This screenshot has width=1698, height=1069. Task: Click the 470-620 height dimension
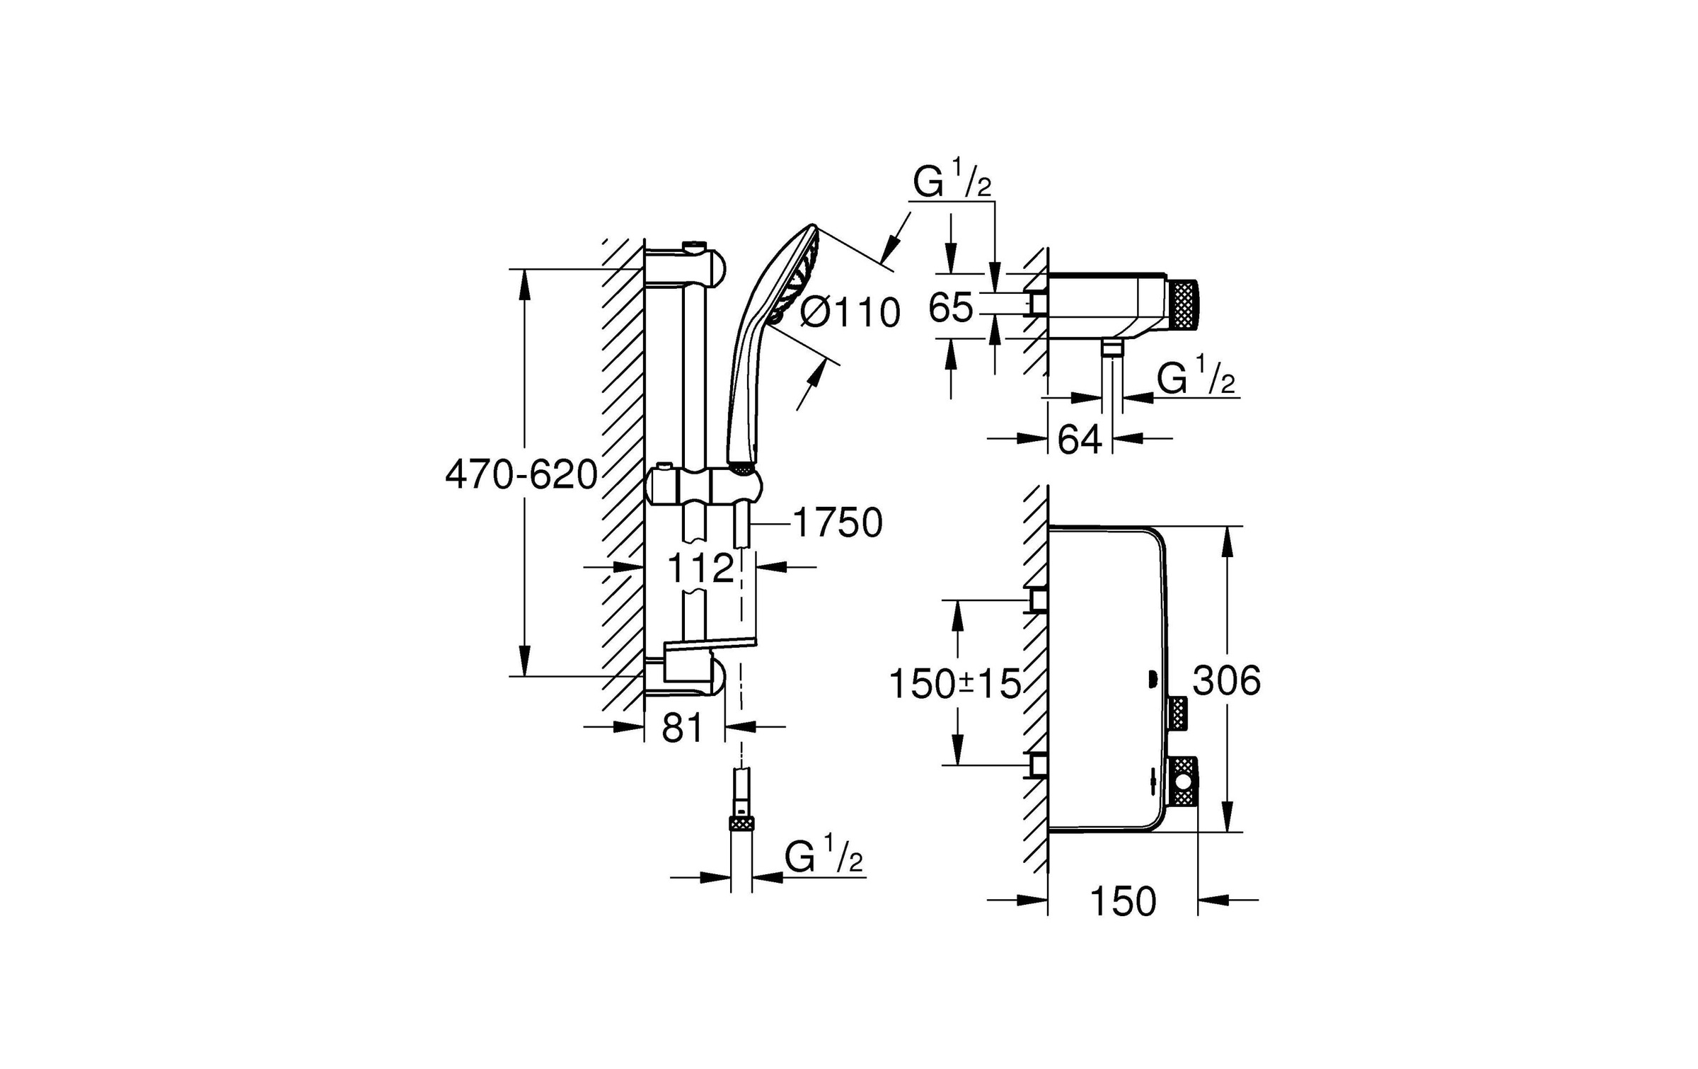click(x=521, y=475)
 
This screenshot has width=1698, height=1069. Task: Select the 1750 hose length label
click(x=838, y=523)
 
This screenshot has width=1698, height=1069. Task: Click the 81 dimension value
click(x=683, y=727)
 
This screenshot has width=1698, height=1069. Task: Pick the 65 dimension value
click(x=950, y=308)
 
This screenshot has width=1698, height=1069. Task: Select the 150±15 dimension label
click(x=954, y=684)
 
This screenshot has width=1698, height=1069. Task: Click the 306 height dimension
click(x=1226, y=681)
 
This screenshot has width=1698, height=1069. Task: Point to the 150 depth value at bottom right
click(x=1123, y=901)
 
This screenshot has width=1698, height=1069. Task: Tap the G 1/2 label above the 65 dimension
click(x=952, y=182)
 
